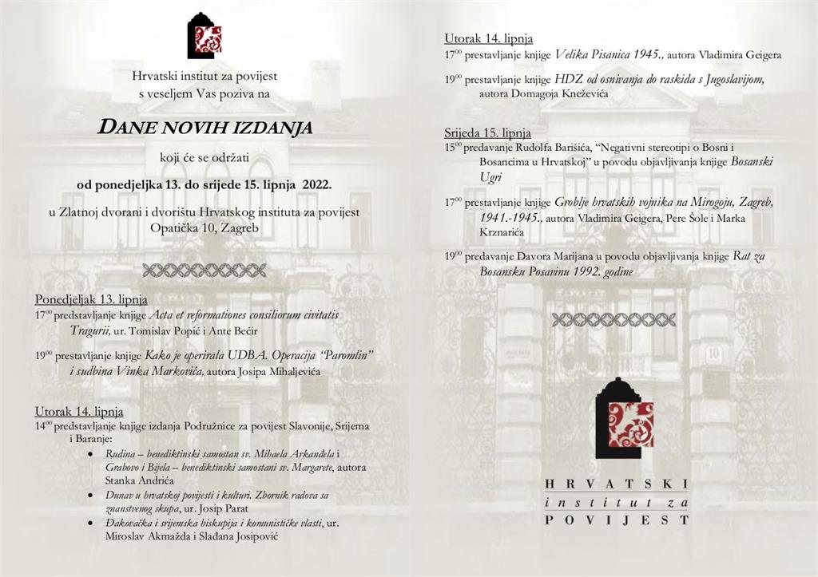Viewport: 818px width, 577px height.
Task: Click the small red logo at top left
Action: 204,37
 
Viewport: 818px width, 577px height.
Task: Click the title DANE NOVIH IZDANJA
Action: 204,127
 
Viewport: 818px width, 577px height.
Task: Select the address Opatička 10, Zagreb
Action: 204,227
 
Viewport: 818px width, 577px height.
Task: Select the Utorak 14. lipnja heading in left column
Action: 79,411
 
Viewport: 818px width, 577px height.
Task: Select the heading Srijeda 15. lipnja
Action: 487,132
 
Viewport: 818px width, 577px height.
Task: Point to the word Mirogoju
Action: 708,202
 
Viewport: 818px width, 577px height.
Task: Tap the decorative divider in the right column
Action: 613,319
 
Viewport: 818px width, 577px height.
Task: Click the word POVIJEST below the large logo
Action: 616,520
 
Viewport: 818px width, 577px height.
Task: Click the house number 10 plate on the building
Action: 713,352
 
